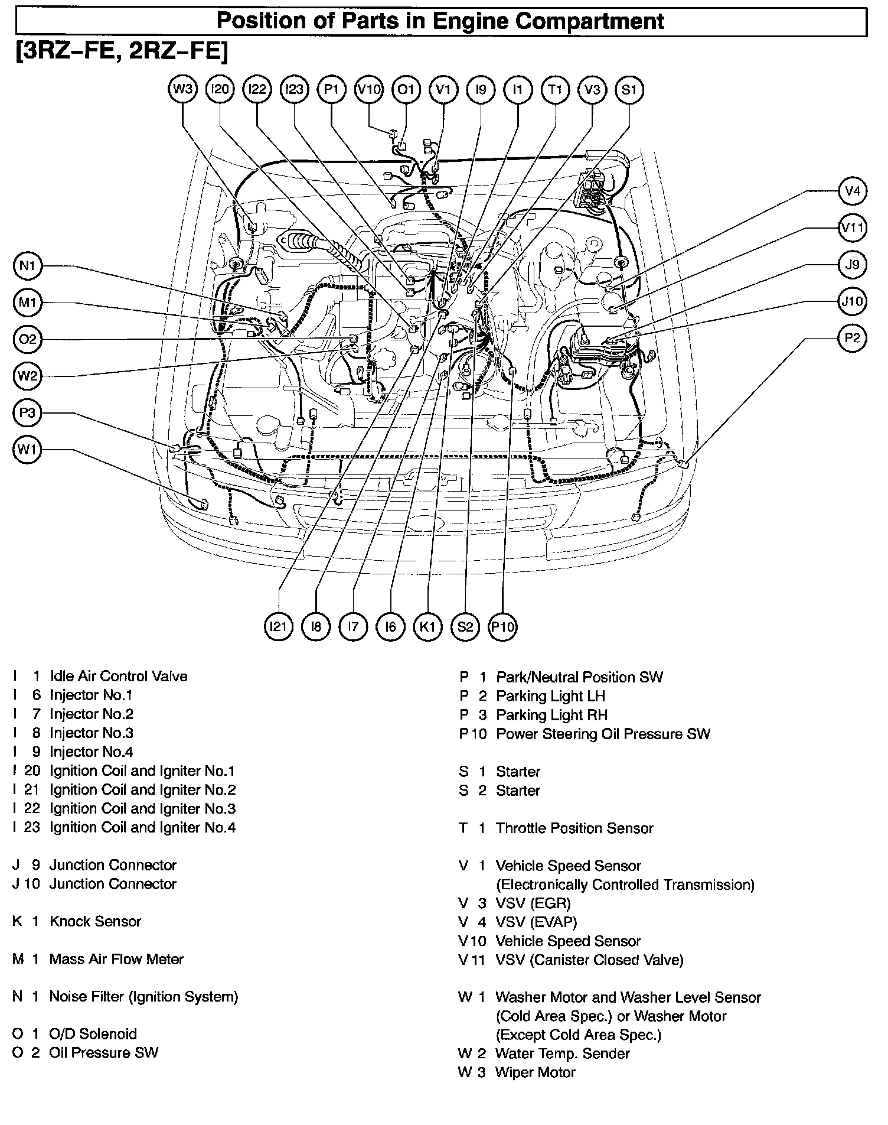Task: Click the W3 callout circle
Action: (182, 90)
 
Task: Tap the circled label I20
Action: (220, 90)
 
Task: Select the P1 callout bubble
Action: (332, 90)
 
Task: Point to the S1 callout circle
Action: (629, 90)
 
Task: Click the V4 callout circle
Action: (852, 191)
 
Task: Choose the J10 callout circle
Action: (852, 301)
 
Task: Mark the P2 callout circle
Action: (852, 338)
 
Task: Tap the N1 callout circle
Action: (27, 266)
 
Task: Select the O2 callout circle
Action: (27, 340)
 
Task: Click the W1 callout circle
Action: (27, 450)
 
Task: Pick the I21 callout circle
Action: (278, 626)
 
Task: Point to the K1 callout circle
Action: (427, 626)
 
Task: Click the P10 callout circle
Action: (502, 626)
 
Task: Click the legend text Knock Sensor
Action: (95, 921)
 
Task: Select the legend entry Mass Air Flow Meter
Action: (116, 959)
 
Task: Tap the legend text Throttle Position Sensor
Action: (574, 828)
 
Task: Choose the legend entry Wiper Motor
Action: (535, 1072)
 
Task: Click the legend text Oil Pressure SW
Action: (103, 1052)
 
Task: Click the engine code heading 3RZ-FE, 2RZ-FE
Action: (120, 52)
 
